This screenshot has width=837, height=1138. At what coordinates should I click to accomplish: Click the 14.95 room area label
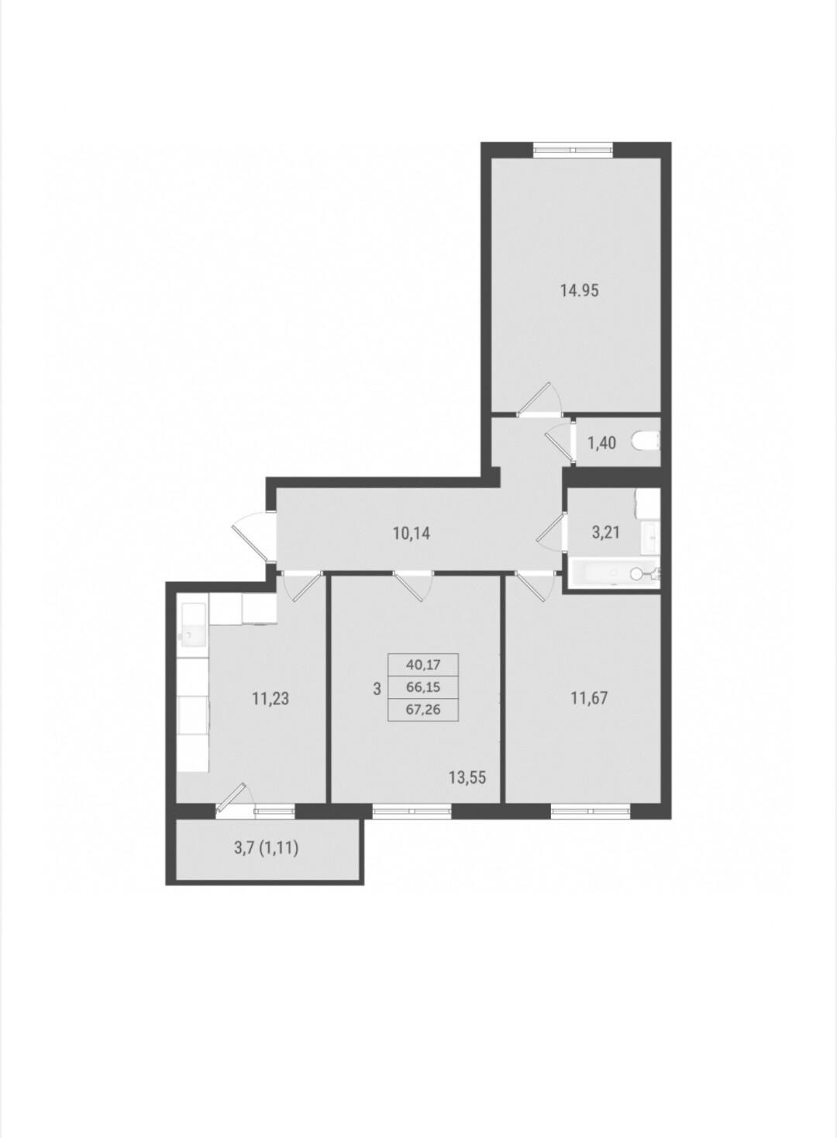point(579,291)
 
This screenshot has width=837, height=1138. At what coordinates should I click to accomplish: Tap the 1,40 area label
point(601,443)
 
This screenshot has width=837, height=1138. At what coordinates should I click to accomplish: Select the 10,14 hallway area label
point(412,534)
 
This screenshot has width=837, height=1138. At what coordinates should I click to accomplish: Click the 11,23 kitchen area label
point(270,699)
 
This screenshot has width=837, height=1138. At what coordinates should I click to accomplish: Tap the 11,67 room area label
point(589,698)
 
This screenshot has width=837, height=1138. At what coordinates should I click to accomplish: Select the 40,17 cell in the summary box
point(423,664)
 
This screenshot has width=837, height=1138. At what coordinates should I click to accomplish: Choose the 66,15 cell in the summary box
point(423,687)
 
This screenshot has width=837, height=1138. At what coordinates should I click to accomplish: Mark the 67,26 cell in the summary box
point(423,710)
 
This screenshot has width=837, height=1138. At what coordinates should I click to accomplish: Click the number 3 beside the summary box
point(377,690)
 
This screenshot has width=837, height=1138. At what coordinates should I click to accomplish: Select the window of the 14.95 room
point(573,150)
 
